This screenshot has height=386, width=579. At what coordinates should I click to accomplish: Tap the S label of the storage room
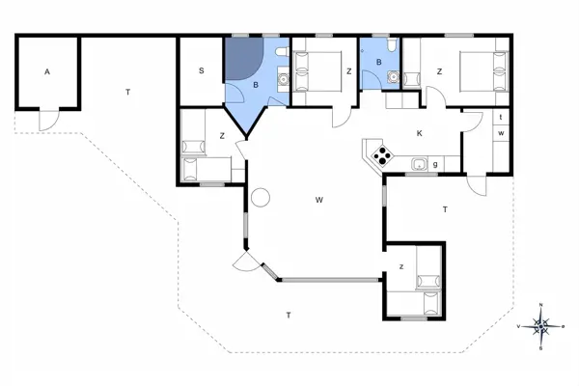[x=202, y=70]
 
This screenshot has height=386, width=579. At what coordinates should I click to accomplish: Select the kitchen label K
[x=419, y=133]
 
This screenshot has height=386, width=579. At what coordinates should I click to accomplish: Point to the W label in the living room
[x=317, y=200]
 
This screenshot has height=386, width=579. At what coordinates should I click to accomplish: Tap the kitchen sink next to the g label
[x=418, y=164]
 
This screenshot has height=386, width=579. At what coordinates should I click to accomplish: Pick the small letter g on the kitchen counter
[x=436, y=164]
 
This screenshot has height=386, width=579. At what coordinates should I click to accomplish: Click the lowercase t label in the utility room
[x=502, y=118]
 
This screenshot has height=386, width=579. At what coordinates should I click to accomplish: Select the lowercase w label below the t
[x=502, y=132]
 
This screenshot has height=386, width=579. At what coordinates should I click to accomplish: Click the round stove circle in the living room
[x=260, y=198]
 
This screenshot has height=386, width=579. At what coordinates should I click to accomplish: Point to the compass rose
[x=542, y=327]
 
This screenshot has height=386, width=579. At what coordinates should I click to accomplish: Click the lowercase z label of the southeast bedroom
[x=401, y=266]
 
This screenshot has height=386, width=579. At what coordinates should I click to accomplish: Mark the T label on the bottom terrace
[x=289, y=316]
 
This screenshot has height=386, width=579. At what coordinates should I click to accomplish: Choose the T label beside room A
[x=126, y=92]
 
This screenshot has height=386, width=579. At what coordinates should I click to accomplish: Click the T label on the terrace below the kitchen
[x=444, y=208]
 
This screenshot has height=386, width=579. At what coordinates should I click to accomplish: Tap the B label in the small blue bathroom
[x=379, y=63]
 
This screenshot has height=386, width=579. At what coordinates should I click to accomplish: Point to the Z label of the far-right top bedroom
[x=438, y=71]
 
